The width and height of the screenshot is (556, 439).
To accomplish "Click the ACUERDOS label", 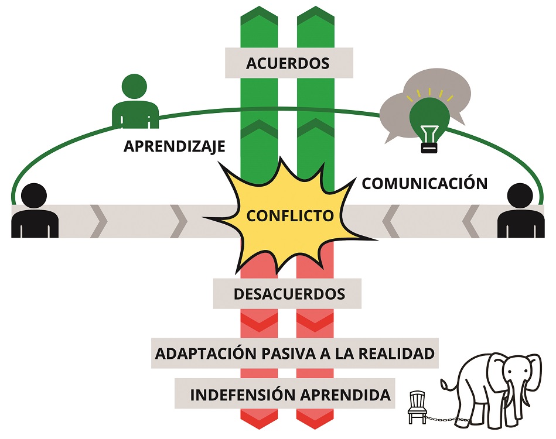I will point(288,63).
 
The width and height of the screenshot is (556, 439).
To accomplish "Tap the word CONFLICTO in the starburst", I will point(290,215).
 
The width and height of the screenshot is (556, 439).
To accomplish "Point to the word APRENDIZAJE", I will point(175,146).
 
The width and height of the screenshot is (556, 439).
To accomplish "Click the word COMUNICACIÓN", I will point(425,183).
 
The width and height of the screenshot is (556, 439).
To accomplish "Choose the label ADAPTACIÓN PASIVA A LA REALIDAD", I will point(295,354).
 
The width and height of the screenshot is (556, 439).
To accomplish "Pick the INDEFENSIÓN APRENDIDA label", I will point(290,395).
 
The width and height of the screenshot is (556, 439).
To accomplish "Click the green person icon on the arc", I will point(135,103).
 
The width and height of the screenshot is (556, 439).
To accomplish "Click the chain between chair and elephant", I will point(442,418).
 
